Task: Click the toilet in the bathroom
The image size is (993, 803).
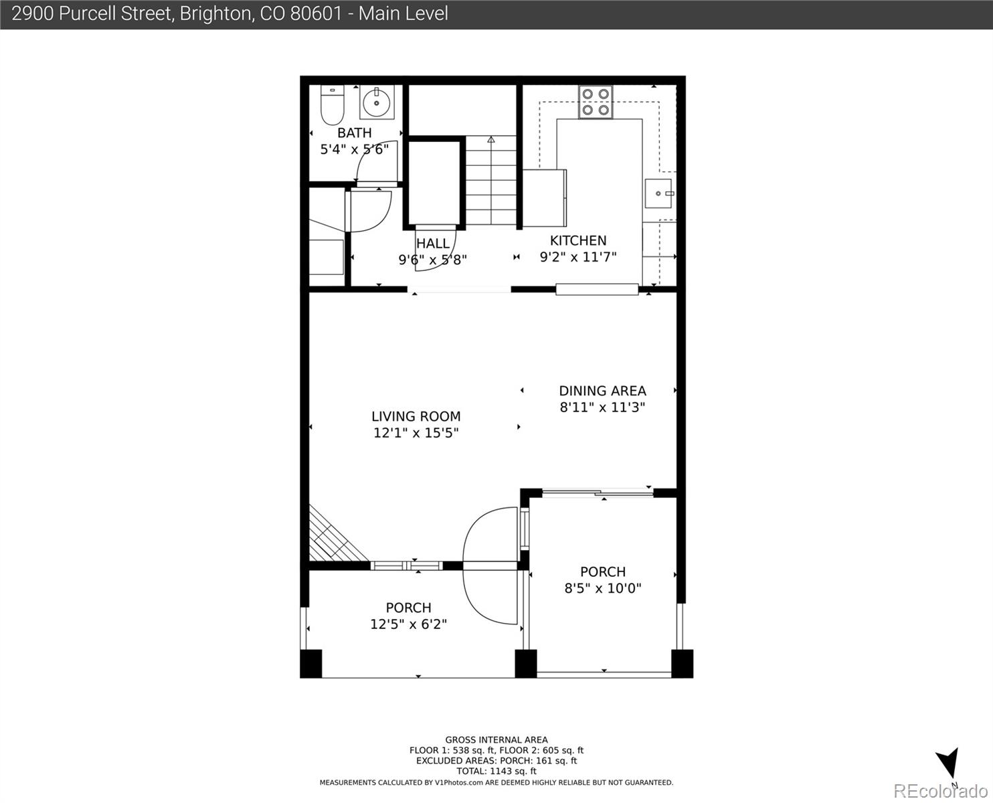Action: click(x=333, y=105)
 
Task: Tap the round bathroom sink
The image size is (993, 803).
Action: click(x=377, y=102)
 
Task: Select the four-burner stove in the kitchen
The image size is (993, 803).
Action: click(x=596, y=102)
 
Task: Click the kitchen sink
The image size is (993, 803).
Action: click(x=658, y=193)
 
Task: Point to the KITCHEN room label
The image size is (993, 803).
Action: click(x=578, y=240)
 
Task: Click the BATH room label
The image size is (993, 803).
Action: click(x=355, y=132)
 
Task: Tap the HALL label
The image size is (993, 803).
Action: click(x=433, y=244)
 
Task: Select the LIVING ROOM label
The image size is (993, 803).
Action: click(x=416, y=416)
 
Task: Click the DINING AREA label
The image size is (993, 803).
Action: click(x=602, y=391)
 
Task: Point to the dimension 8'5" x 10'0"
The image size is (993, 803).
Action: click(x=603, y=588)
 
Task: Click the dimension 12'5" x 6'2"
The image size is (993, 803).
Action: click(x=408, y=624)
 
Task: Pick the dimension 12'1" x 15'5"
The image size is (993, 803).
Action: click(x=416, y=433)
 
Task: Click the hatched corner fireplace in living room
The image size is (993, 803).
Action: click(x=333, y=537)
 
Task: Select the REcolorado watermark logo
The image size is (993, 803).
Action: click(x=940, y=791)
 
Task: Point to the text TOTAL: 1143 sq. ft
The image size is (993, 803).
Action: click(x=496, y=772)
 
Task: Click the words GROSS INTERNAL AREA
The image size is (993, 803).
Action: click(x=496, y=739)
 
